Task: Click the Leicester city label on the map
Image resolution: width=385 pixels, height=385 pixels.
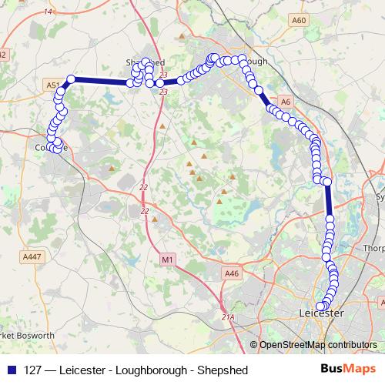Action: pos(320,313)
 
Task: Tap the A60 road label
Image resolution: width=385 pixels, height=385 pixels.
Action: pos(300,20)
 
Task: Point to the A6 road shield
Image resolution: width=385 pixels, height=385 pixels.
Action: pos(286,101)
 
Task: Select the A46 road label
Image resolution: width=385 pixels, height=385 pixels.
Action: pos(232,273)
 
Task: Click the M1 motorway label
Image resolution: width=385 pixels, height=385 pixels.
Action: pos(168,261)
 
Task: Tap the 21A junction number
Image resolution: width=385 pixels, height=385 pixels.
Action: pos(227,316)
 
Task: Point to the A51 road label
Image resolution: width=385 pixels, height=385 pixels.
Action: pos(52,85)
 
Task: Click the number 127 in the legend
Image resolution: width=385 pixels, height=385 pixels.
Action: pos(33,370)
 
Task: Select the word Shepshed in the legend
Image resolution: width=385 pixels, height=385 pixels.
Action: pos(224,370)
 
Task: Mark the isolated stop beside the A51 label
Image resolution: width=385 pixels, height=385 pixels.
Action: pos(71,79)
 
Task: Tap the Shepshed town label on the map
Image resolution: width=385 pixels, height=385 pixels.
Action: pos(145,62)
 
